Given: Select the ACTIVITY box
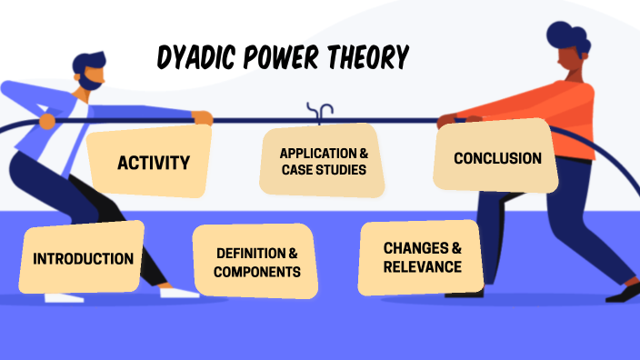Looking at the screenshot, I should [153, 163].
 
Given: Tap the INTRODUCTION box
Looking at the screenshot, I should [83, 258].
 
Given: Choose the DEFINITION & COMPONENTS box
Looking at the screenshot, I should [256, 262].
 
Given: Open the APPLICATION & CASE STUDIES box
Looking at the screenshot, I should [323, 162].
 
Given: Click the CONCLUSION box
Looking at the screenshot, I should [496, 157].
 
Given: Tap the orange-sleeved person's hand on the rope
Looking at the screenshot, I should [446, 120].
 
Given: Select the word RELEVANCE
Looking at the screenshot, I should [422, 266].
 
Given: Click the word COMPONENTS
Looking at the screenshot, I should [256, 271].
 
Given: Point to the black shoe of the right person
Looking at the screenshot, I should [624, 293].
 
